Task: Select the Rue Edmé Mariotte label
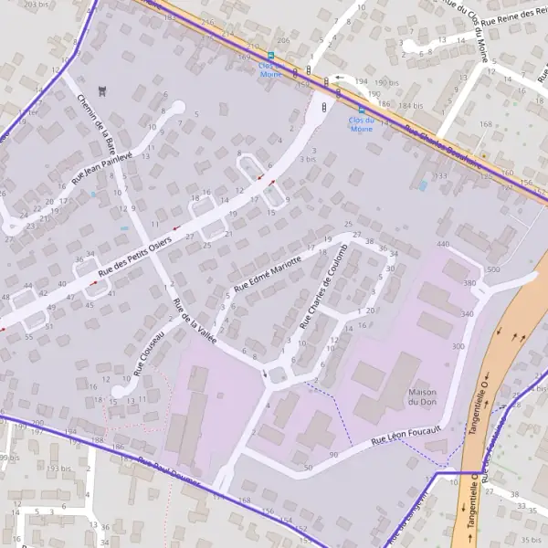point(267,272)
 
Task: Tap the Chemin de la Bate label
point(98,122)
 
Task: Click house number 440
point(443,245)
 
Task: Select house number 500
point(494,270)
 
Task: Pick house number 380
point(469,284)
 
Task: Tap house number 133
point(441,175)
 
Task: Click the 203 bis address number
point(37,5)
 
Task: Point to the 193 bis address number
point(58,468)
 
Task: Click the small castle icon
point(101,90)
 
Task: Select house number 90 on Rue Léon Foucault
point(333,454)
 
